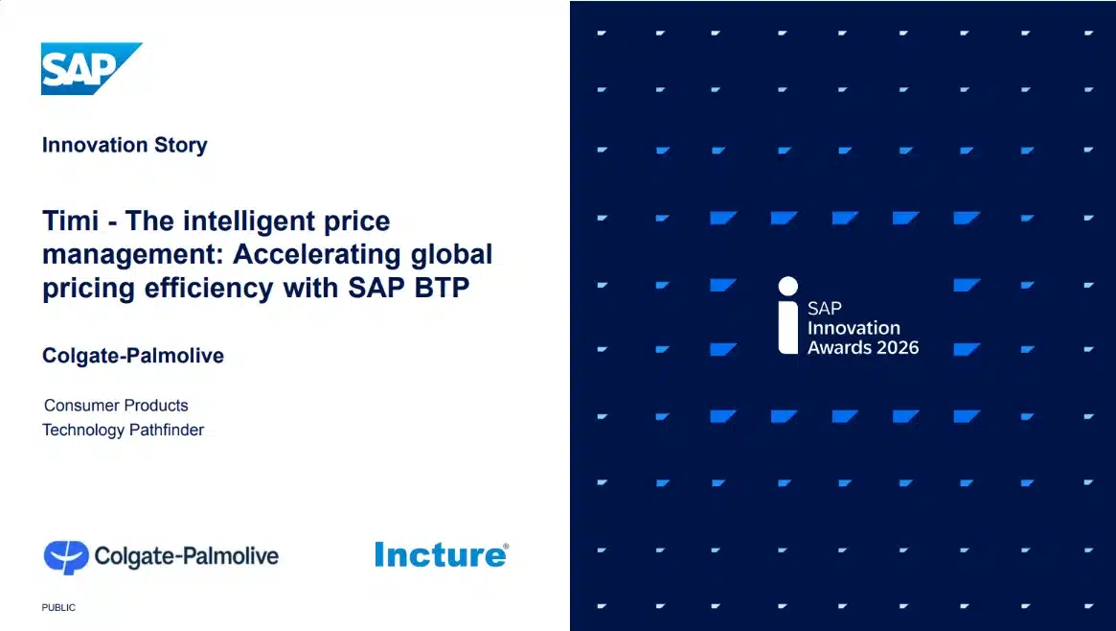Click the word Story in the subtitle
pyautogui.click(x=180, y=146)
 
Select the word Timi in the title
pyautogui.click(x=70, y=222)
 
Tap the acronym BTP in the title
pyautogui.click(x=441, y=288)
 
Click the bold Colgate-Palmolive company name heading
pyautogui.click(x=133, y=356)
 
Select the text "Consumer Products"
pyautogui.click(x=116, y=406)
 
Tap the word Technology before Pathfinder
pyautogui.click(x=83, y=430)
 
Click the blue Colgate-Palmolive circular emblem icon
pyautogui.click(x=66, y=556)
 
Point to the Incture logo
pyautogui.click(x=439, y=554)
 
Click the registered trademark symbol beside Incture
pyautogui.click(x=506, y=547)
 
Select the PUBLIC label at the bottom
pyautogui.click(x=58, y=608)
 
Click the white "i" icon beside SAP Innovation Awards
pyautogui.click(x=788, y=315)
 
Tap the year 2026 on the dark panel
pyautogui.click(x=895, y=347)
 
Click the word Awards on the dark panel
pyautogui.click(x=836, y=347)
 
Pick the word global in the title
pyautogui.click(x=451, y=255)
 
